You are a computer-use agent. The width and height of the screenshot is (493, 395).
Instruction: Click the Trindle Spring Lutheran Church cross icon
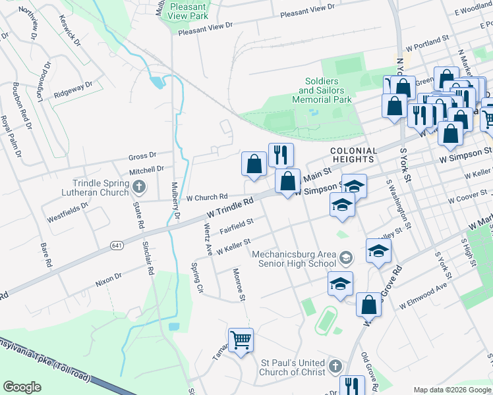pyautogui.click(x=138, y=188)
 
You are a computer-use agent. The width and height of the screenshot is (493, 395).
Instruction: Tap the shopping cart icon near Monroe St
pyautogui.click(x=241, y=340)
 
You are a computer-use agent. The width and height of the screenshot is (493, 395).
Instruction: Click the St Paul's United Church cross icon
pyautogui.click(x=335, y=366)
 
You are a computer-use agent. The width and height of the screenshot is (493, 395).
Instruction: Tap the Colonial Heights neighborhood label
pyautogui.click(x=354, y=155)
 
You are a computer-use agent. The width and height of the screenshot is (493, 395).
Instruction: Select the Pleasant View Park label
pyautogui.click(x=188, y=11)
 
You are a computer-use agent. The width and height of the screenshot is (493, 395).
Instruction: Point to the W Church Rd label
pyautogui.click(x=206, y=197)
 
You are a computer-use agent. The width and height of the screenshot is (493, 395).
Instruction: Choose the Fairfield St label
pyautogui.click(x=237, y=226)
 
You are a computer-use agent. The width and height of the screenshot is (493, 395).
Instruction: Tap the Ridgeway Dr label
pyautogui.click(x=73, y=90)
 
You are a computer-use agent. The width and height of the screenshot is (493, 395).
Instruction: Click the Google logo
pyautogui.click(x=22, y=387)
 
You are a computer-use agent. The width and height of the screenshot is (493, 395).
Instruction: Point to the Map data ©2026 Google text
pyautogui.click(x=451, y=390)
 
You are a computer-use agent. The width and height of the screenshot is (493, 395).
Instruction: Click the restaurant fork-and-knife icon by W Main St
pyautogui.click(x=281, y=154)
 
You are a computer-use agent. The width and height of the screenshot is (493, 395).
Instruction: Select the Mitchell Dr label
pyautogui.click(x=146, y=170)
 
